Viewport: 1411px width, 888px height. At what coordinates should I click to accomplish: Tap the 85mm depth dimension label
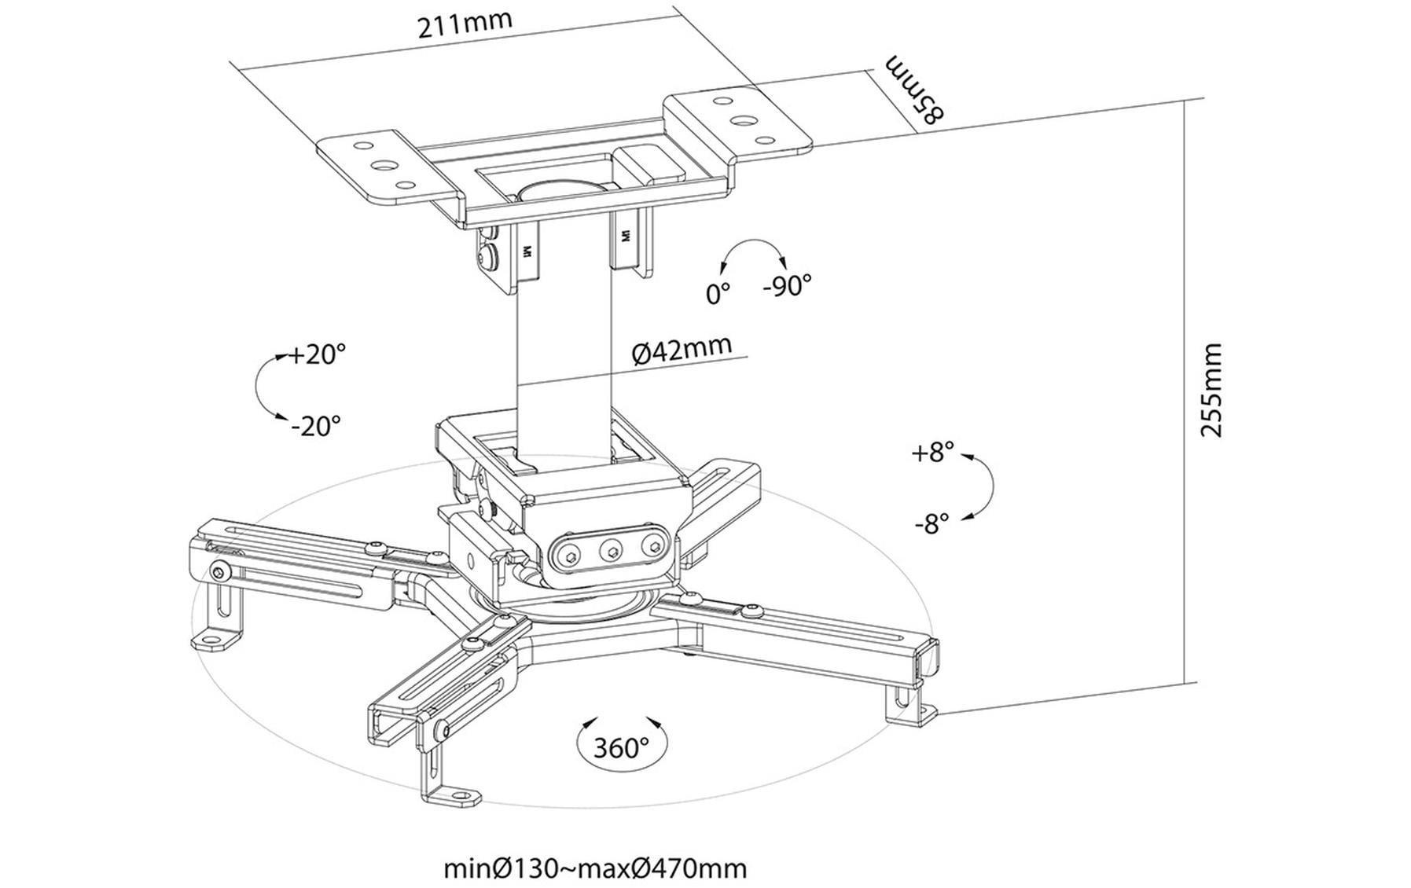(x=914, y=89)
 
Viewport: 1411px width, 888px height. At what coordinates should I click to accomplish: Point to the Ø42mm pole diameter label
(x=682, y=350)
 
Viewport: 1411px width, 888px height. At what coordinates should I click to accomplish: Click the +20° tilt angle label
(x=316, y=354)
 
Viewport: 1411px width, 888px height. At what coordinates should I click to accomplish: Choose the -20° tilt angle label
(x=315, y=426)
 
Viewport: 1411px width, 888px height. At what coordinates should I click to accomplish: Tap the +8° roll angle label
(x=932, y=453)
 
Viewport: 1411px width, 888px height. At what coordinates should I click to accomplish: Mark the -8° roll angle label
(x=931, y=523)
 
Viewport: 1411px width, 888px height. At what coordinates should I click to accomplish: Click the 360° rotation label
(x=621, y=747)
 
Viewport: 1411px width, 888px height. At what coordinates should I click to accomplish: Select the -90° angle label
(x=787, y=285)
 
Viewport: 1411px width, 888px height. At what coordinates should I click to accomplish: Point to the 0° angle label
(x=717, y=294)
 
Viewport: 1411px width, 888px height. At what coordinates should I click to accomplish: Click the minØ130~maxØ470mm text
(x=595, y=868)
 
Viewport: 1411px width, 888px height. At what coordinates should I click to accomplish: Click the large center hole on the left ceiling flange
(x=384, y=166)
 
